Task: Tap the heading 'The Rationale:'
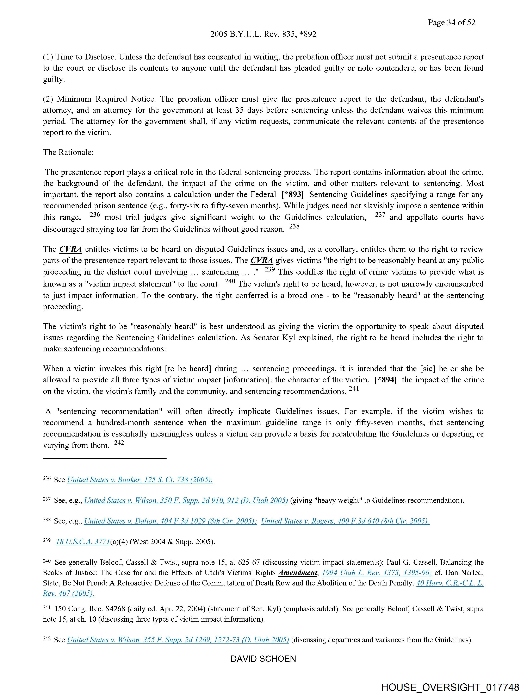(68, 152)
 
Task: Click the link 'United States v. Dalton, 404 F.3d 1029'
(170, 521)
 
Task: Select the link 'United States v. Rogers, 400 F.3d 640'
(345, 521)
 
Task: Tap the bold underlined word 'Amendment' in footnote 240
(298, 573)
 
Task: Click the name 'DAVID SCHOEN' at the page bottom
(263, 659)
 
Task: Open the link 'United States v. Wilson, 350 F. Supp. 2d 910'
(186, 500)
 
